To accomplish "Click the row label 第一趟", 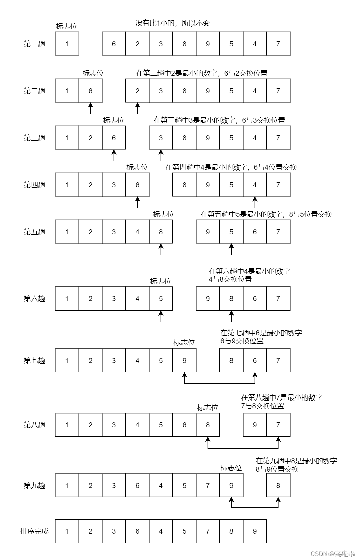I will pos(34,44).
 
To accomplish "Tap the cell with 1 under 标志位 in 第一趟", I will pos(67,44).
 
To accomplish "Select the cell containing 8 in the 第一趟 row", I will pos(184,44).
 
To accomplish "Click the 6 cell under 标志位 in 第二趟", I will pos(90,91).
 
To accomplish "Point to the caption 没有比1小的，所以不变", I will pos(172,23).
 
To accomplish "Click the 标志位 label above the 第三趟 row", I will pos(113,120).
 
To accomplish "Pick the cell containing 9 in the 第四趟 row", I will pos(208,185).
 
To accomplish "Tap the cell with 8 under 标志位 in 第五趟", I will pos(161,232).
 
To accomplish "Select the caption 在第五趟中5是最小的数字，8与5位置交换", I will pos(266,214).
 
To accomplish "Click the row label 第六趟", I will pos(34,299).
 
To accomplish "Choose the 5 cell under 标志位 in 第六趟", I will pos(161,298).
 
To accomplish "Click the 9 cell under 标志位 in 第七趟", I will pos(184,360).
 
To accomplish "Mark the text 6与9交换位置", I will pos(242,341).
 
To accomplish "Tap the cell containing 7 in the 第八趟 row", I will pos(278,425).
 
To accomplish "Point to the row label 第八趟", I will pos(34,425).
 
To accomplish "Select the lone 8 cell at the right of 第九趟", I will pos(278,485).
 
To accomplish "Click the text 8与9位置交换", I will pos(277,469).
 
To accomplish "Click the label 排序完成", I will pos(34,531).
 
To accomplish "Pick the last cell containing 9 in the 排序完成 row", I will pos(255,531).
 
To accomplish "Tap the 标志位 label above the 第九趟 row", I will pos(231,468).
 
